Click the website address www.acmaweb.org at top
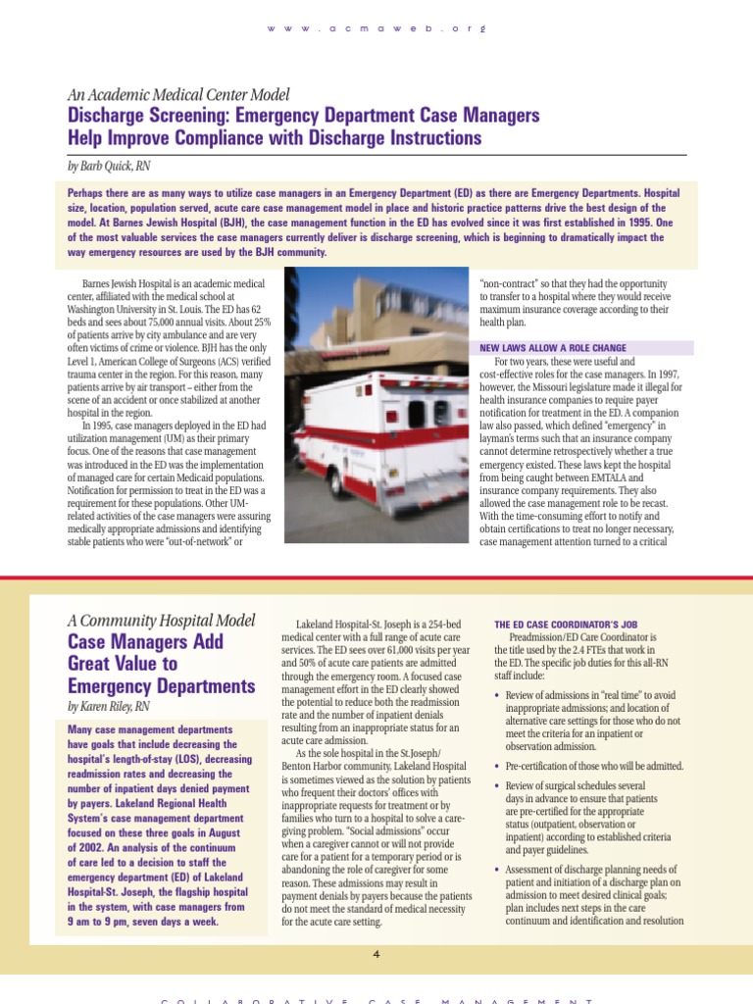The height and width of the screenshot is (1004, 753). pos(376,28)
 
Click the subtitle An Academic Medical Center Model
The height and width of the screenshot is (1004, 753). pos(178,95)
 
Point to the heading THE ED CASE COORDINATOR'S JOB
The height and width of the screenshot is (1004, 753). pos(566,623)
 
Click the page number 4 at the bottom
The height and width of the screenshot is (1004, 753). pos(376,952)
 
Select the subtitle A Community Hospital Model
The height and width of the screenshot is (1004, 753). pos(161,621)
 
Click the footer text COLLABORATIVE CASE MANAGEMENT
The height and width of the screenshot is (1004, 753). pos(376,1000)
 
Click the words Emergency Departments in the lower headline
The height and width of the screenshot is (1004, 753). pos(147,685)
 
